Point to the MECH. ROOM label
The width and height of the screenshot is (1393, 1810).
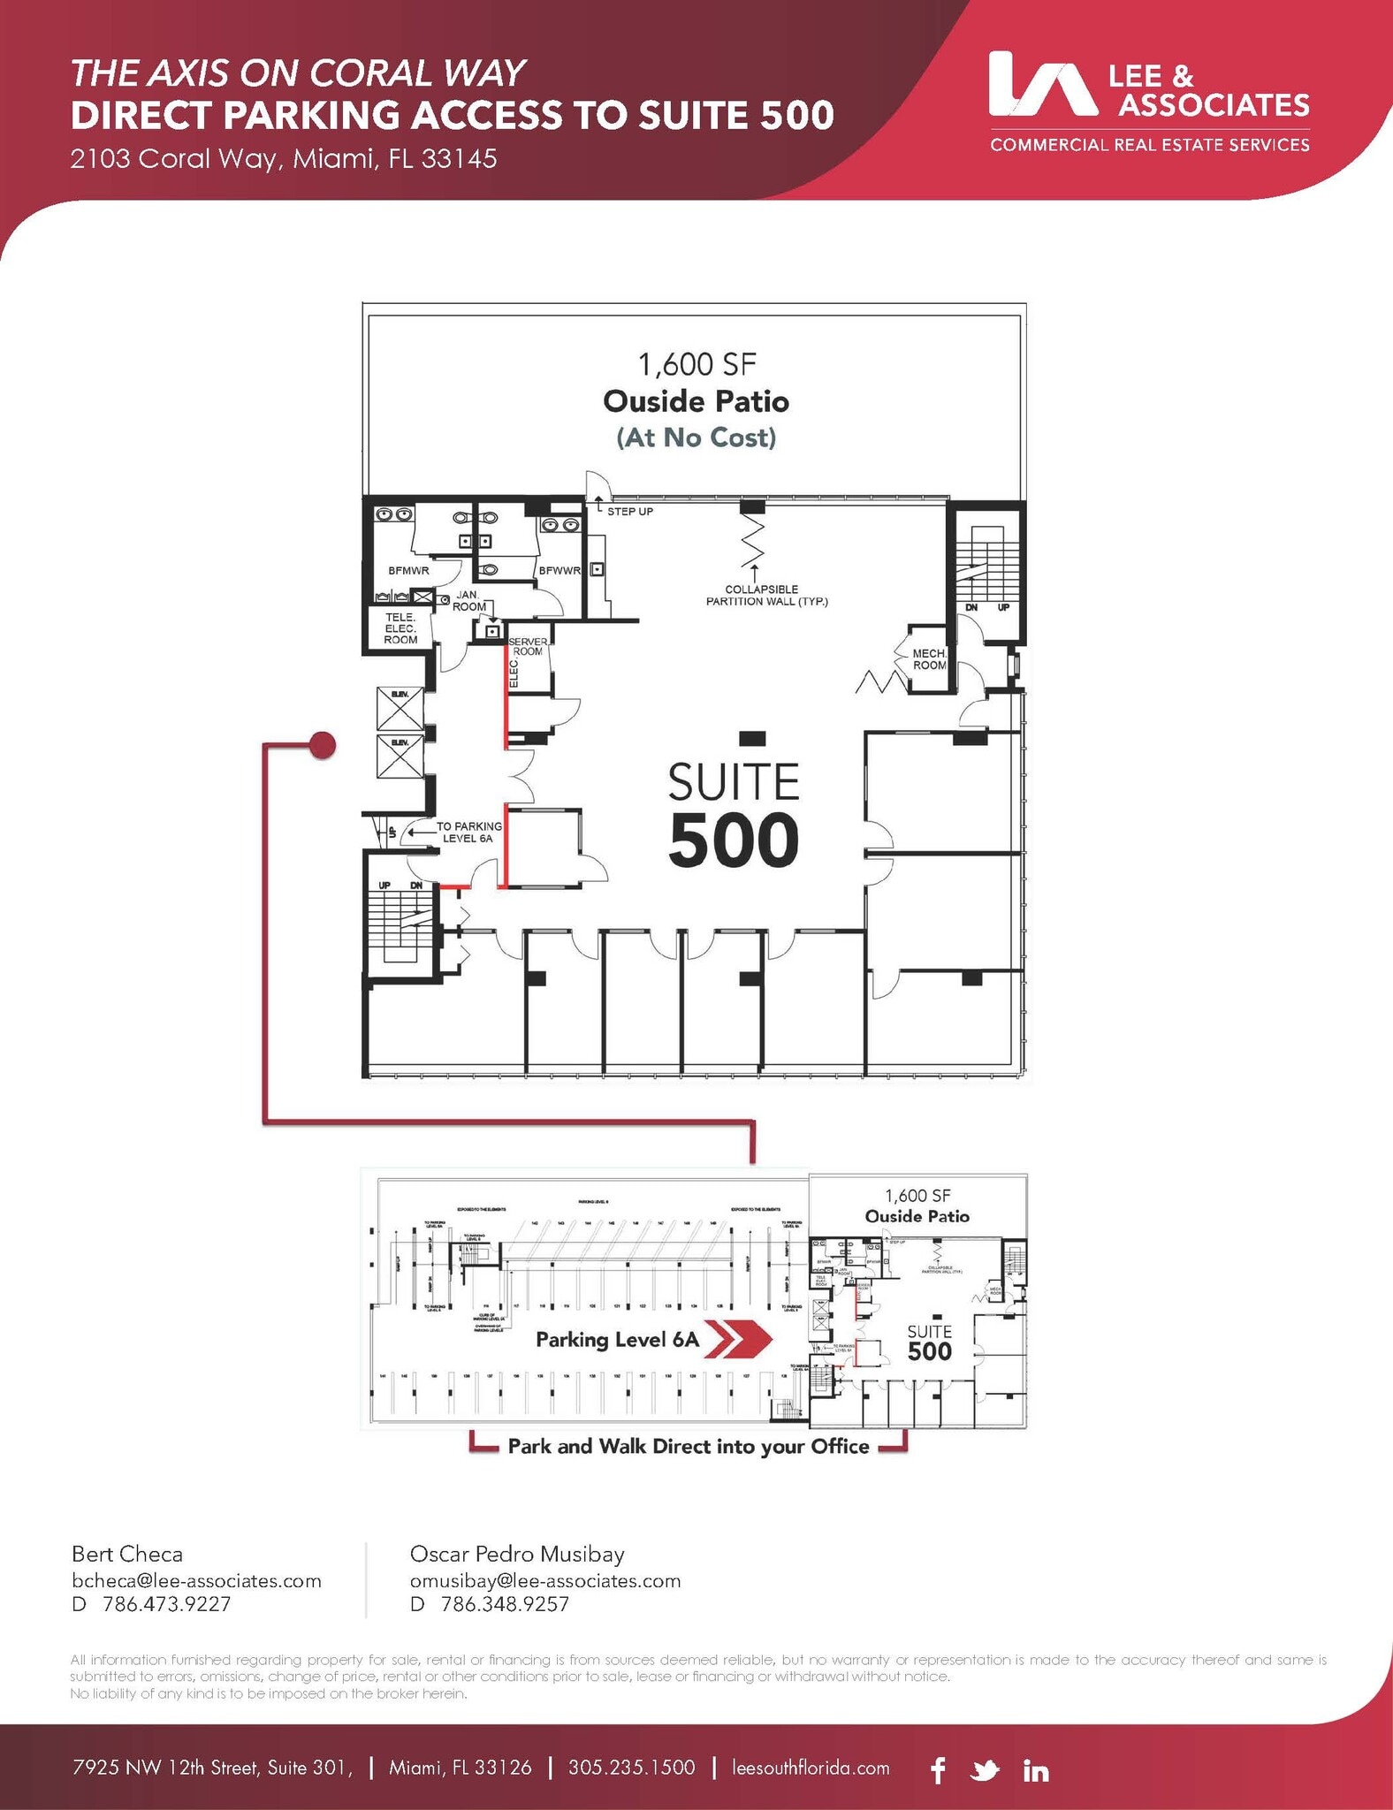929,659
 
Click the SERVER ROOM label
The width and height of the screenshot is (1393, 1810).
529,646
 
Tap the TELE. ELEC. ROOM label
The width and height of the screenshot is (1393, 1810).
400,627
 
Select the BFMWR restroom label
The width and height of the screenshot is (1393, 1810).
408,571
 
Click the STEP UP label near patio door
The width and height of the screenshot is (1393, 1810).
629,512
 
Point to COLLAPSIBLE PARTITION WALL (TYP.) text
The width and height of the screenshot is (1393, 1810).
766,595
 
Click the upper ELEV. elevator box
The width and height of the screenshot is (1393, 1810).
400,708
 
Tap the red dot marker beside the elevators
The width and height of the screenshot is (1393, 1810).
323,745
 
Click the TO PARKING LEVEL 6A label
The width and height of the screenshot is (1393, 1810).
468,832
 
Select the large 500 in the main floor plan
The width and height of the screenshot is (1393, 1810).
734,840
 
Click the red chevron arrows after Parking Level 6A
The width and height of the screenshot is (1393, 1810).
741,1339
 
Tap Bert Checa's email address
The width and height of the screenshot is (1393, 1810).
196,1580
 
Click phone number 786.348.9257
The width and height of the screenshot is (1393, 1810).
504,1603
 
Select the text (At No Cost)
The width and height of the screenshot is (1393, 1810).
696,437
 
